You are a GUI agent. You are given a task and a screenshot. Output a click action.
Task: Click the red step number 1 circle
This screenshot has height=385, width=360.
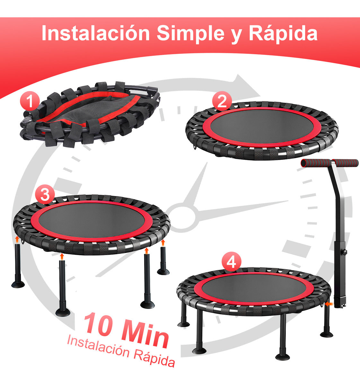[30, 101]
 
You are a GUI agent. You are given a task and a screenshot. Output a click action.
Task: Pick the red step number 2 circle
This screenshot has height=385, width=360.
[222, 101]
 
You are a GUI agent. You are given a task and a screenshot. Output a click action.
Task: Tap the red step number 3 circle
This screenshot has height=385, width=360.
[45, 194]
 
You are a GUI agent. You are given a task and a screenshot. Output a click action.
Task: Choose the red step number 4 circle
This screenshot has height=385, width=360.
[231, 262]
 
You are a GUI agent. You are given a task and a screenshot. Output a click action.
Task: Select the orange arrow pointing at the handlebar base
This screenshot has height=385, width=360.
[328, 303]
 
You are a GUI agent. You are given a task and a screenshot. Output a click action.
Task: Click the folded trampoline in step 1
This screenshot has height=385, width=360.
[90, 114]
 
